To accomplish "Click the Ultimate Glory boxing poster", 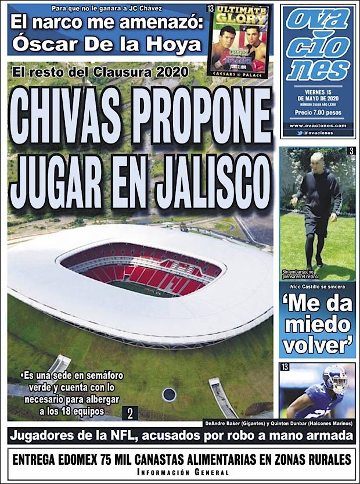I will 239,40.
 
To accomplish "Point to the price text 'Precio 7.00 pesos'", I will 318,113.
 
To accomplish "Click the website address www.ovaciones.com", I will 318,126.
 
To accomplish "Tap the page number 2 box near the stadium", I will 130,413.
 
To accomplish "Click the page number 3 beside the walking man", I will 351,152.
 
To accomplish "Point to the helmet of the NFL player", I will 334,378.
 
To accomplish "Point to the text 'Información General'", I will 180,471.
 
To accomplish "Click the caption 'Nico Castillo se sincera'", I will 316,287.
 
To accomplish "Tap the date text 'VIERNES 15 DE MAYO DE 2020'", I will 318,95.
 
